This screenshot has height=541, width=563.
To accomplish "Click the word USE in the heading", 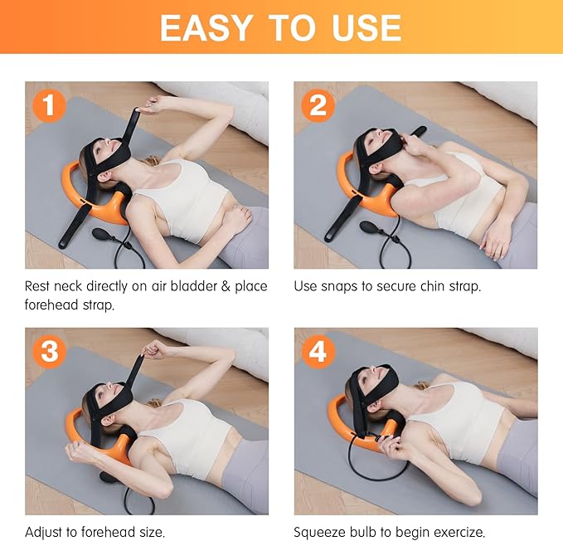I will tap(364, 27).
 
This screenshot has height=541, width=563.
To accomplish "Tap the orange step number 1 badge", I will tap(49, 105).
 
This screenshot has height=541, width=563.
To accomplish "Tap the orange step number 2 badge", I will tap(318, 105).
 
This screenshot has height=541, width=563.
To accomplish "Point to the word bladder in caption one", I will tap(187, 286).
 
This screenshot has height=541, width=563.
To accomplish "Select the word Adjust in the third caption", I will tap(44, 532).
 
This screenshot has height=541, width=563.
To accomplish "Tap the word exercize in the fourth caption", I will tap(455, 532).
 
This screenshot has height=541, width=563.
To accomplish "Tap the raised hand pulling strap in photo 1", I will tap(150, 105).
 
